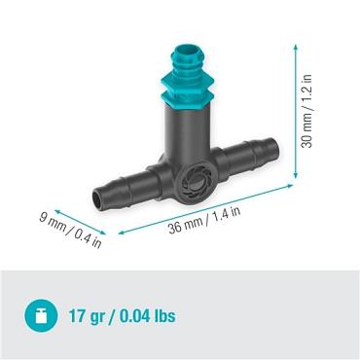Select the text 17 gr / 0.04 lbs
point(123,317)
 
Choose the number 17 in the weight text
point(78,317)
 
